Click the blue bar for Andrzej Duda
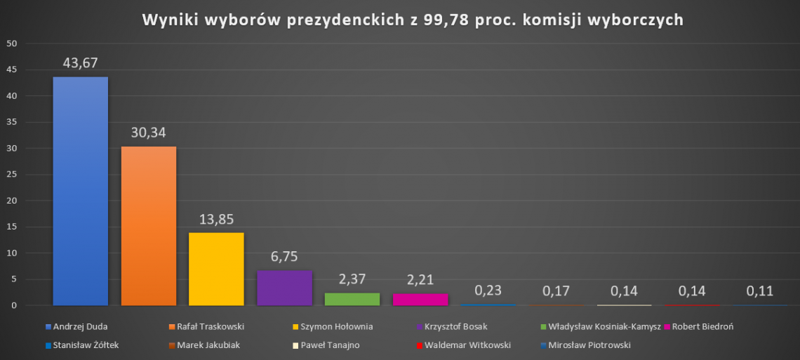(x=81, y=191)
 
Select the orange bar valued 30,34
(x=149, y=226)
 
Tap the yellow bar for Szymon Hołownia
(x=216, y=269)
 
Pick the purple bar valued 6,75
(x=284, y=288)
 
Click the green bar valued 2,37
(x=352, y=299)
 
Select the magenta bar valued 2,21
(x=420, y=300)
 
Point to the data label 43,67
(x=81, y=62)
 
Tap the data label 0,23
(x=488, y=290)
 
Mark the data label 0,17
(x=556, y=290)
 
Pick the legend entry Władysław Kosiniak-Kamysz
(x=600, y=326)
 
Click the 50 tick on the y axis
(x=13, y=44)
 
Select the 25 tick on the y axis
(x=13, y=175)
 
